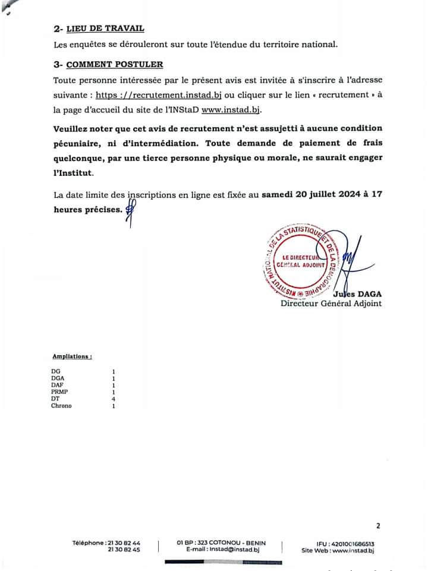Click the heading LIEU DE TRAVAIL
(x=105, y=29)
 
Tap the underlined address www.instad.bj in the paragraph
(x=231, y=110)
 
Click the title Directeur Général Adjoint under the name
(x=331, y=304)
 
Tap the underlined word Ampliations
(x=72, y=357)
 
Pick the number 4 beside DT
(x=114, y=399)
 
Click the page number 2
(x=377, y=525)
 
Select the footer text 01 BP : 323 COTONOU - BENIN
(x=221, y=543)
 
